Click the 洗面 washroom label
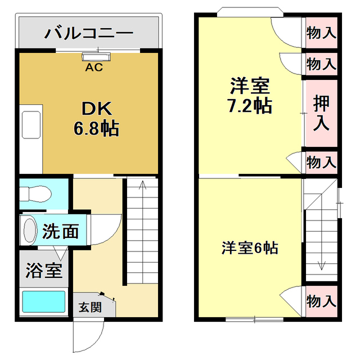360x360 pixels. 64,231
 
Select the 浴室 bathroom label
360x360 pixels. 43,271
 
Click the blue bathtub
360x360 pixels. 43,302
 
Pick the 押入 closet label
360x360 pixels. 321,114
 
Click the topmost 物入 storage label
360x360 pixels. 321,33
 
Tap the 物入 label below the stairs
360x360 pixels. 321,301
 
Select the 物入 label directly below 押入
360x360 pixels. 321,163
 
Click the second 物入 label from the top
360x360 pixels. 321,63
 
